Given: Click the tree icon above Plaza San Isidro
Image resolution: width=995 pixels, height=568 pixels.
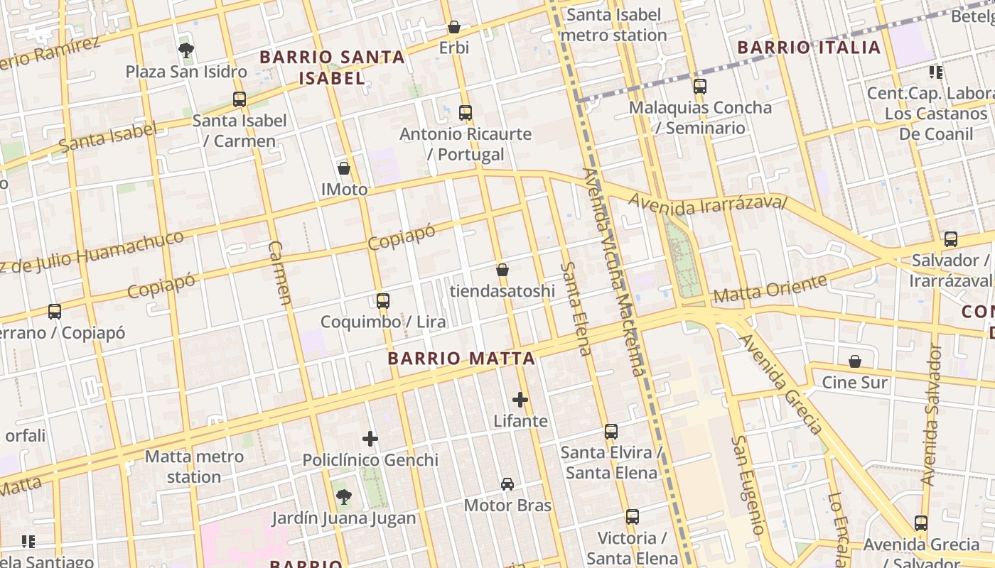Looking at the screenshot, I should point(186,50).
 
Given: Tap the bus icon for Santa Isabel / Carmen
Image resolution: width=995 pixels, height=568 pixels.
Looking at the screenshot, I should point(240,99).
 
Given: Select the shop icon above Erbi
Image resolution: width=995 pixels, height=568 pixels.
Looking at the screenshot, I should point(454,27).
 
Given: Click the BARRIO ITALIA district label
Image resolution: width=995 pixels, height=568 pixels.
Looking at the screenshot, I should point(809,48).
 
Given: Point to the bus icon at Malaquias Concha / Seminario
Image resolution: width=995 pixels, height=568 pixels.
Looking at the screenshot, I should point(700,87).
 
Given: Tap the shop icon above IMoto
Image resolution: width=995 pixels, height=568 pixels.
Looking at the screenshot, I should point(344,168).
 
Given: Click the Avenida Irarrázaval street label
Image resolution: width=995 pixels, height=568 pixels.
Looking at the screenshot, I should point(708,204).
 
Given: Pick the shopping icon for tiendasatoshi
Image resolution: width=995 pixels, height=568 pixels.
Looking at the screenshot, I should point(502,270).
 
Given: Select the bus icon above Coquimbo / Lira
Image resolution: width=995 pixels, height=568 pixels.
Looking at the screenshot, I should point(383,300).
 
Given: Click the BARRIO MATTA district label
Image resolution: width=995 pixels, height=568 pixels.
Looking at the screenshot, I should point(461,358).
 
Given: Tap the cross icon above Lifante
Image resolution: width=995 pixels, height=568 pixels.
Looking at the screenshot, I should point(520,400).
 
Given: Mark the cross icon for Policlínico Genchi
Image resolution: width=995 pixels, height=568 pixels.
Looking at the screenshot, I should point(370,439).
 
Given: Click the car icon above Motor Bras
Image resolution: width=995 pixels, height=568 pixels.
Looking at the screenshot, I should point(507,484).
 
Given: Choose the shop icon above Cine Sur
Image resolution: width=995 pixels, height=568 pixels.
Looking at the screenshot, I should point(855,361).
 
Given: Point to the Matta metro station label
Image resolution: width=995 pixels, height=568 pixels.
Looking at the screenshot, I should point(194,466).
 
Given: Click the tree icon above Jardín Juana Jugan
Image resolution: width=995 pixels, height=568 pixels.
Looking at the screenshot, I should point(343,496).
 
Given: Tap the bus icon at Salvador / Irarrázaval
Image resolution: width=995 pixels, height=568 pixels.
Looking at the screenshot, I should point(951,239).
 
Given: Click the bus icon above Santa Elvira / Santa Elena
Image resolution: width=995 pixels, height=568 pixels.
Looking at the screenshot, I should point(611,431).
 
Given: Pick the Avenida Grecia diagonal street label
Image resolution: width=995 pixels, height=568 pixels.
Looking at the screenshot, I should point(781,383).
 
